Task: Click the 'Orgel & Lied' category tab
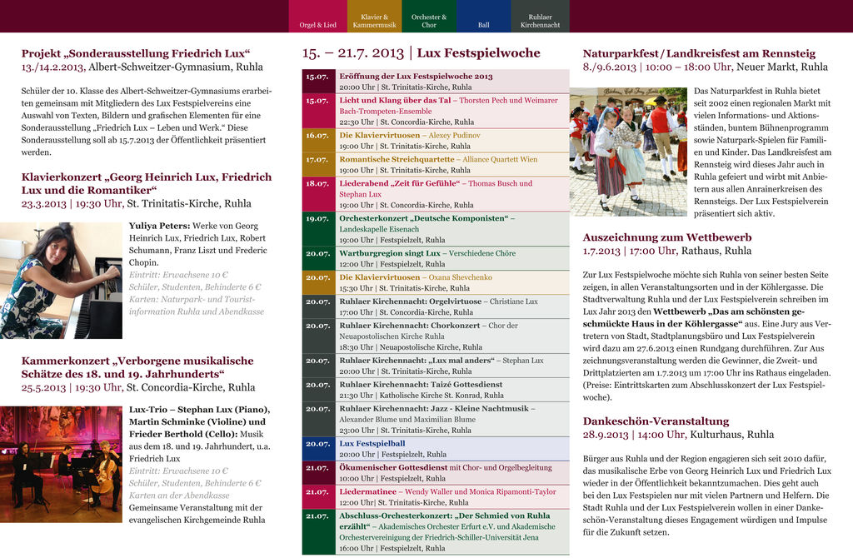coord(318,17)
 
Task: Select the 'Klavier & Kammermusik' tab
coord(374,17)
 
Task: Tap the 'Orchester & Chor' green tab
coord(429,17)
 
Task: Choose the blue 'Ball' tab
coord(484,17)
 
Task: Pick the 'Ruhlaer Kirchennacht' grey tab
coord(540,17)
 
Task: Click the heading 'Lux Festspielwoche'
coord(478,53)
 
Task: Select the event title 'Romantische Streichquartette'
coord(397,159)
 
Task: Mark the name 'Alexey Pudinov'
coord(455,135)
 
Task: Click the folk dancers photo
coord(628,151)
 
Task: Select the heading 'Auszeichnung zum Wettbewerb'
coord(666,237)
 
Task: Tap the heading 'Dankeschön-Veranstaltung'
coord(656,421)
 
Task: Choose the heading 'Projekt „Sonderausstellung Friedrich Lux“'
coord(136,53)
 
